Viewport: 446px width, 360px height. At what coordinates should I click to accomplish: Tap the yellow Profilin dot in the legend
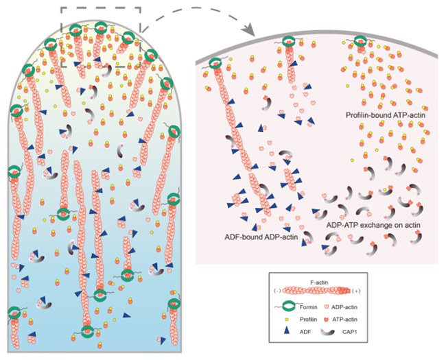pos(285,320)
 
